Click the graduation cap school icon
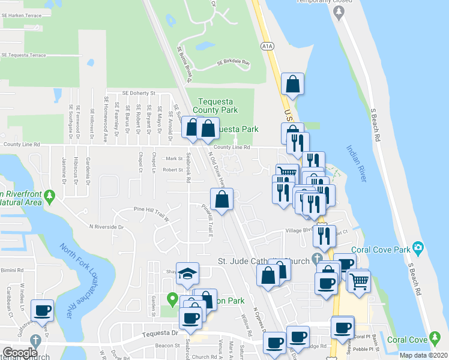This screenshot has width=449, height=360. click(187, 273)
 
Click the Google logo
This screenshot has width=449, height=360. click(20, 353)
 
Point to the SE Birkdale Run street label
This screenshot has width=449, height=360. click(233, 62)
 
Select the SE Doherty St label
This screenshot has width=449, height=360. click(139, 94)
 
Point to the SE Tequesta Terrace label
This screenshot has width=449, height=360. click(23, 55)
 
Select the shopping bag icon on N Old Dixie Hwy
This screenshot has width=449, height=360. click(221, 199)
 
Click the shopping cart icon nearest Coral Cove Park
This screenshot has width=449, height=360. click(359, 280)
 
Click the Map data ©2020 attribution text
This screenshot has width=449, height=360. click(421, 355)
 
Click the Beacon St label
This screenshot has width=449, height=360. click(169, 346)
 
